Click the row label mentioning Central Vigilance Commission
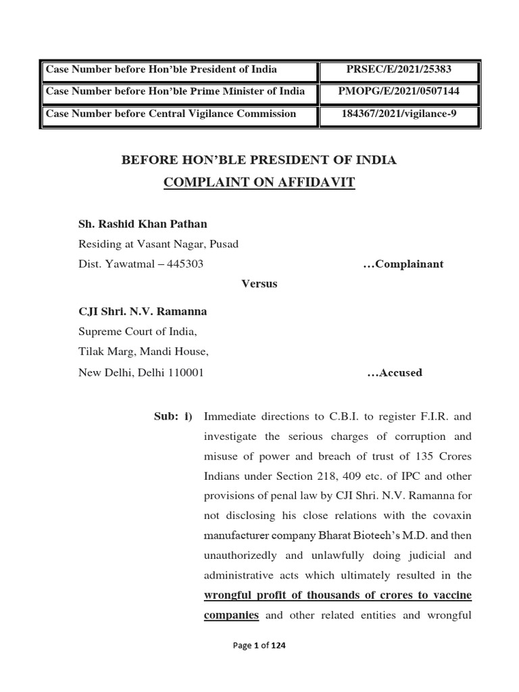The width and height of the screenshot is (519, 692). click(171, 114)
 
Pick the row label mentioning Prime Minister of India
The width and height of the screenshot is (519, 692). click(175, 91)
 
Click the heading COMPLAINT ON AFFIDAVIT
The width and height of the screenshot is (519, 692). click(259, 182)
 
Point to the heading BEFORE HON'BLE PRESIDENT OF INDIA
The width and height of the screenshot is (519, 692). click(259, 160)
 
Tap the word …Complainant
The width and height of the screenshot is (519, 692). click(403, 264)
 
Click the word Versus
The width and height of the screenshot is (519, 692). click(259, 284)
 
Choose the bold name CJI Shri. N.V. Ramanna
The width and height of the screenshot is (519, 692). click(143, 312)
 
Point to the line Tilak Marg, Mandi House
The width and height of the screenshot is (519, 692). click(144, 352)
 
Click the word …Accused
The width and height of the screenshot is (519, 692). click(394, 372)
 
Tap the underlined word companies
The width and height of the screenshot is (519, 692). click(231, 616)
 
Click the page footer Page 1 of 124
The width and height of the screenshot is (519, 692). click(259, 646)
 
